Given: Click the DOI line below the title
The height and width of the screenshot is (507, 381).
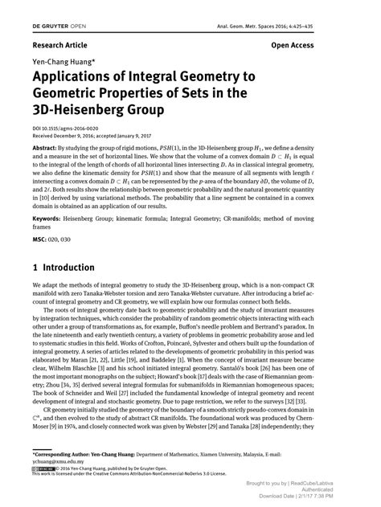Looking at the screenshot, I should pos(66,129).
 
